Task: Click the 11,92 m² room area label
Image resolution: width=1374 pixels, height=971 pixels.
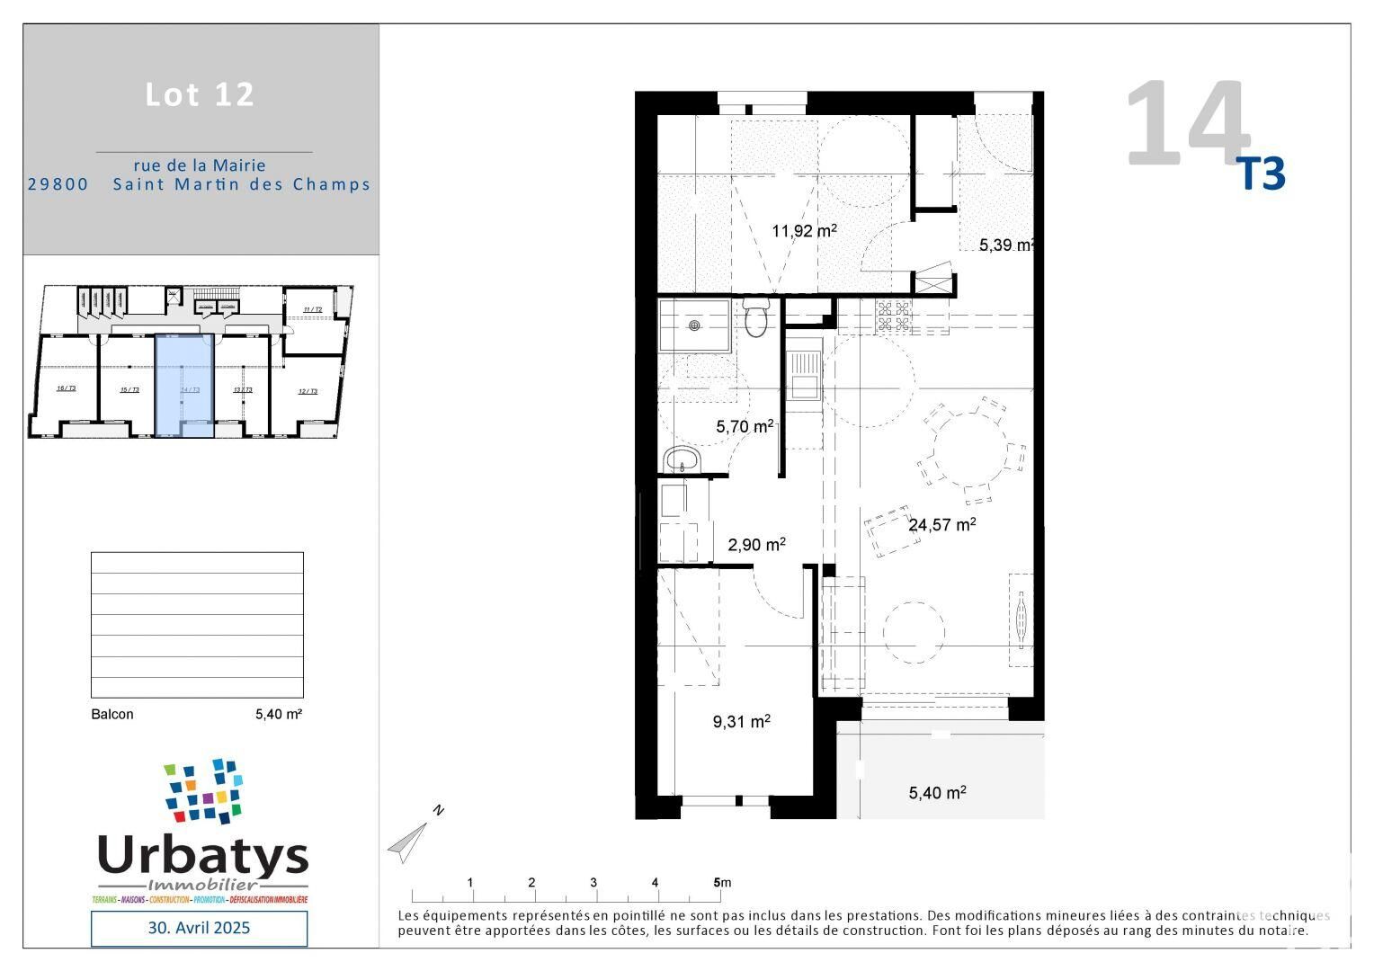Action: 804,231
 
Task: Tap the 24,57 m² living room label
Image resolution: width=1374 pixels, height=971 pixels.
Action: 941,524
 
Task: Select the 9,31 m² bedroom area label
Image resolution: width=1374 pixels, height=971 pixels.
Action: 741,721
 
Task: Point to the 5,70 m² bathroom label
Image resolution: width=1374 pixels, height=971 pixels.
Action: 745,427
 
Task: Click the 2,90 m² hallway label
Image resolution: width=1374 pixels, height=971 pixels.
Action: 756,545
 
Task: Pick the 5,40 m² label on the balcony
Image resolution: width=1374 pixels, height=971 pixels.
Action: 937,792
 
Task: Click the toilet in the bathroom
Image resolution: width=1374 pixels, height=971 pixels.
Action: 756,318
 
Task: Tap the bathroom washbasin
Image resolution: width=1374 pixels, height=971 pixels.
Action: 683,459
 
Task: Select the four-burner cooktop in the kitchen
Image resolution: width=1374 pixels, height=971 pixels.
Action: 893,315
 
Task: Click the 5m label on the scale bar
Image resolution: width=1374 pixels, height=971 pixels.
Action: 721,882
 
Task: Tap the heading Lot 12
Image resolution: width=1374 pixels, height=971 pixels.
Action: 201,94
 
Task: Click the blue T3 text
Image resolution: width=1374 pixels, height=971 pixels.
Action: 1262,174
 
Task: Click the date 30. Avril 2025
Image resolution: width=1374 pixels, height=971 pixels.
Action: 199,927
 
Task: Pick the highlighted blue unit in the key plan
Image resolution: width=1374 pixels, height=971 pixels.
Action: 184,385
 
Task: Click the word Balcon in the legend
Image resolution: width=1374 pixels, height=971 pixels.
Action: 112,714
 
